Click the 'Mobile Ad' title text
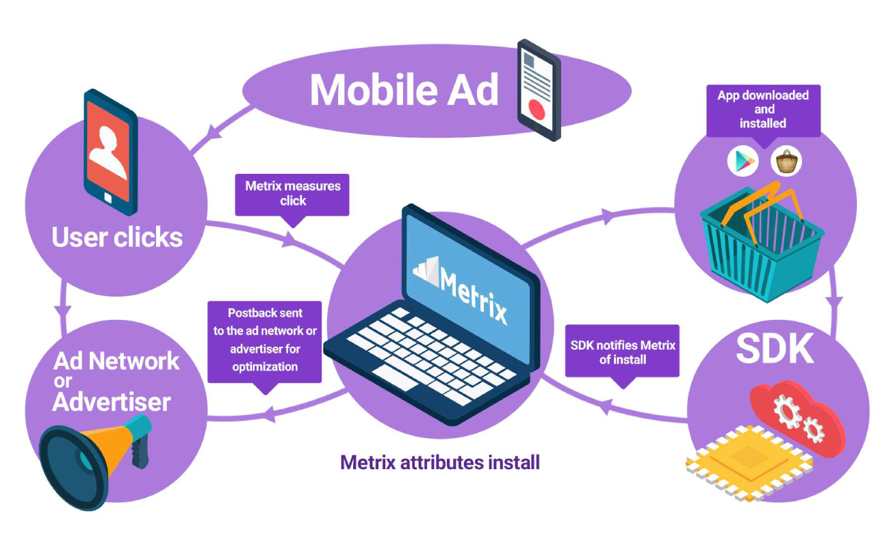click(404, 90)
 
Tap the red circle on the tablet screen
click(536, 110)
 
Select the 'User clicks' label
click(117, 237)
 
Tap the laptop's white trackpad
click(396, 377)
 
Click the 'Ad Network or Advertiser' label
click(116, 382)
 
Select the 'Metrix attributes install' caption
click(440, 462)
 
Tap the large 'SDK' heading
click(775, 349)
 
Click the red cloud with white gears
click(798, 419)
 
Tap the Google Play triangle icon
click(743, 161)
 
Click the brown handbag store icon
click(786, 161)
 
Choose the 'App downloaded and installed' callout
click(763, 110)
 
